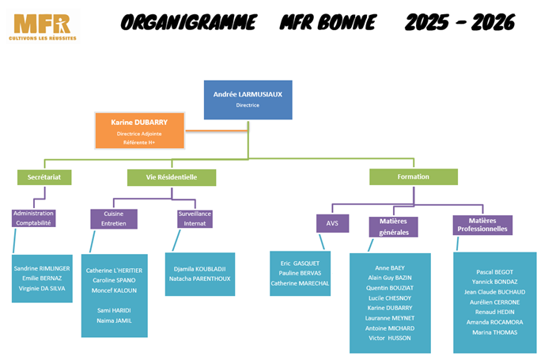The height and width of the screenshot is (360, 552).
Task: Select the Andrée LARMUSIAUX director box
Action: (x=248, y=99)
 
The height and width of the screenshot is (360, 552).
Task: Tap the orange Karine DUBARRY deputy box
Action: (x=141, y=129)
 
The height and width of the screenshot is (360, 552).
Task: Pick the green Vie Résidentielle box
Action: (x=171, y=177)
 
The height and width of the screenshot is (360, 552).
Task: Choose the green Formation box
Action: (x=413, y=177)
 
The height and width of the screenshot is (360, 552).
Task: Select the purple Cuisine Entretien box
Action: (x=114, y=218)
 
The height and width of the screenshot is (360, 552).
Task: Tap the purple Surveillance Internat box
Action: (x=195, y=218)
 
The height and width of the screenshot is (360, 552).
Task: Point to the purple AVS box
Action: (x=332, y=224)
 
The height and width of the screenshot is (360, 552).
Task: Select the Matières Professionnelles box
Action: (x=482, y=225)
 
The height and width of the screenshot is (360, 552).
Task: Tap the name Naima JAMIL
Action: (x=113, y=320)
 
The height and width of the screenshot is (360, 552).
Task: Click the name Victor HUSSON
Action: (x=389, y=338)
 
